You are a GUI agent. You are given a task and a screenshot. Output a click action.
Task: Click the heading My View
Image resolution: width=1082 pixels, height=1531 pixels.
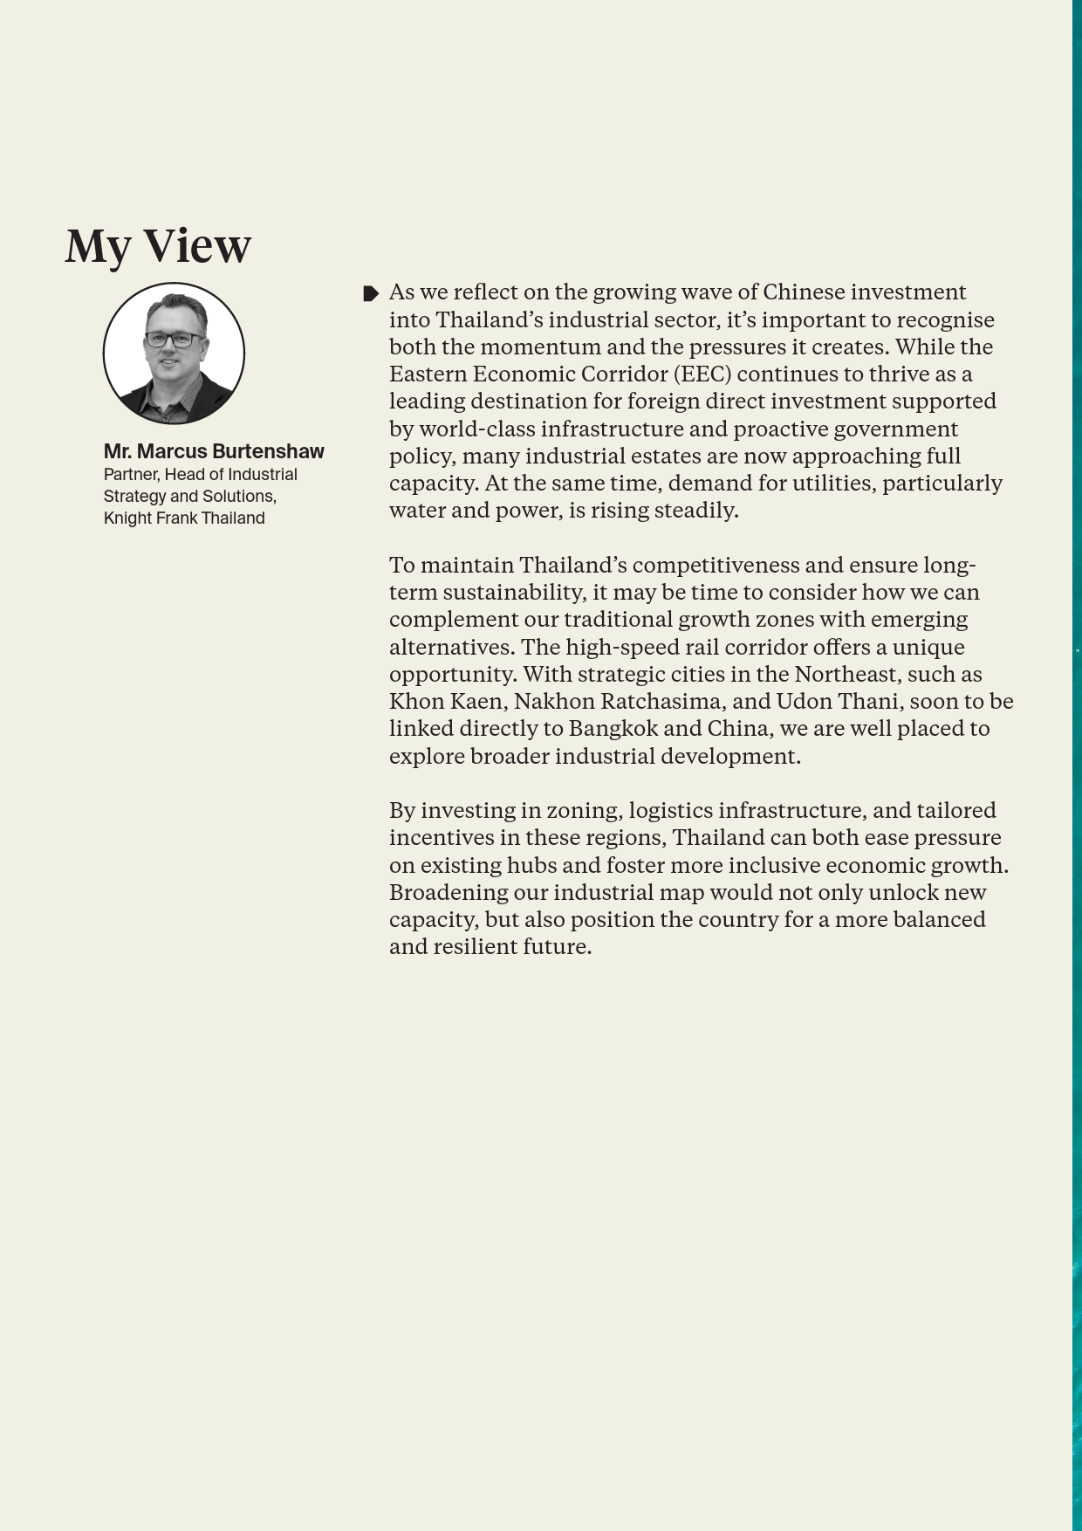[x=158, y=245]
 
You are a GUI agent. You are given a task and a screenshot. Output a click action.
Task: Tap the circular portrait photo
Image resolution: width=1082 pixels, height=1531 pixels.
[x=174, y=354]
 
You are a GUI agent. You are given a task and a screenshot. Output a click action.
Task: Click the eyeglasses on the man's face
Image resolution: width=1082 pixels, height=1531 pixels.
[x=175, y=340]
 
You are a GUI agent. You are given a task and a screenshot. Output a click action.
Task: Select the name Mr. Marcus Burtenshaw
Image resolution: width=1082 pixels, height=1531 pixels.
[x=214, y=451]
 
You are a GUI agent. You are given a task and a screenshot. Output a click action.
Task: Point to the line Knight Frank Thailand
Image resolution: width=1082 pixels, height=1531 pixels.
[x=184, y=518]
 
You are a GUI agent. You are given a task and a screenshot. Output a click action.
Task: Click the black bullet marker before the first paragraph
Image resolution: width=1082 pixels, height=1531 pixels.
[x=370, y=293]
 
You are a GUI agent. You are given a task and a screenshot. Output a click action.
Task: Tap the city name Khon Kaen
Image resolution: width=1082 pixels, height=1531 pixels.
[x=445, y=701]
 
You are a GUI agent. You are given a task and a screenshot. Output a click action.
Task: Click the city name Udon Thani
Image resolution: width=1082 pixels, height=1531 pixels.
[x=837, y=701]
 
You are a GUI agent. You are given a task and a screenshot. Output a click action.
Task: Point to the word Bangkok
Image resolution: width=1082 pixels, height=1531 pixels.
[x=613, y=728]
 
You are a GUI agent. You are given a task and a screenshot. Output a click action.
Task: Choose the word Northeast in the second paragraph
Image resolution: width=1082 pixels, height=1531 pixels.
[x=847, y=674]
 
